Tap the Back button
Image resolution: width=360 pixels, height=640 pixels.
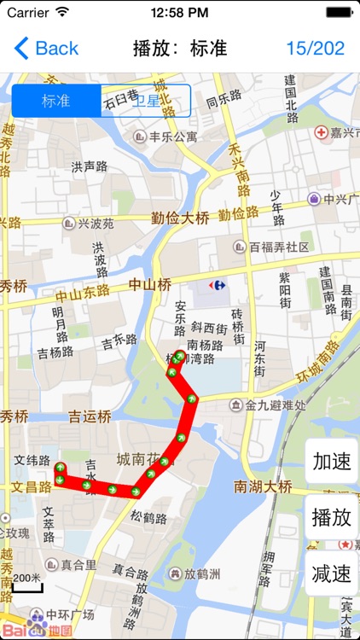pos(47,48)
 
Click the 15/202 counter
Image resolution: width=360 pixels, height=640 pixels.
pos(315,48)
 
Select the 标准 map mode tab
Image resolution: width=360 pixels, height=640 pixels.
pos(56,101)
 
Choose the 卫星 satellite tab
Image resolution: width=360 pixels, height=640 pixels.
pos(145,101)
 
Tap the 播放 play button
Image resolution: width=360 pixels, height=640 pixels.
pos(331,517)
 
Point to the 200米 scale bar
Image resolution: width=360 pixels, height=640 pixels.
pos(27,582)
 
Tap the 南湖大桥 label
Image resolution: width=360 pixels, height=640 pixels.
pos(264,487)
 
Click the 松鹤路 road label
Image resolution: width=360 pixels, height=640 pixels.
pos(148,516)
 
